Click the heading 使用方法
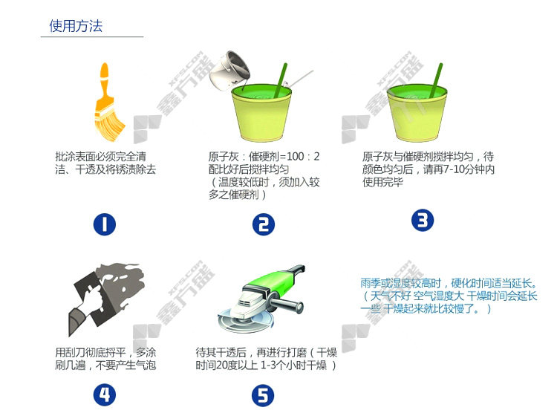click(76, 26)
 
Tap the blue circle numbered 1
click(105, 224)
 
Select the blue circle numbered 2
click(263, 224)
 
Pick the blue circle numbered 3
click(423, 220)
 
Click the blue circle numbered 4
click(105, 394)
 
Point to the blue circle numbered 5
click(263, 395)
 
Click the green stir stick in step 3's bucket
click(435, 80)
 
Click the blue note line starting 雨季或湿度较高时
click(449, 283)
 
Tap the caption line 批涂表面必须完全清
click(100, 156)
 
